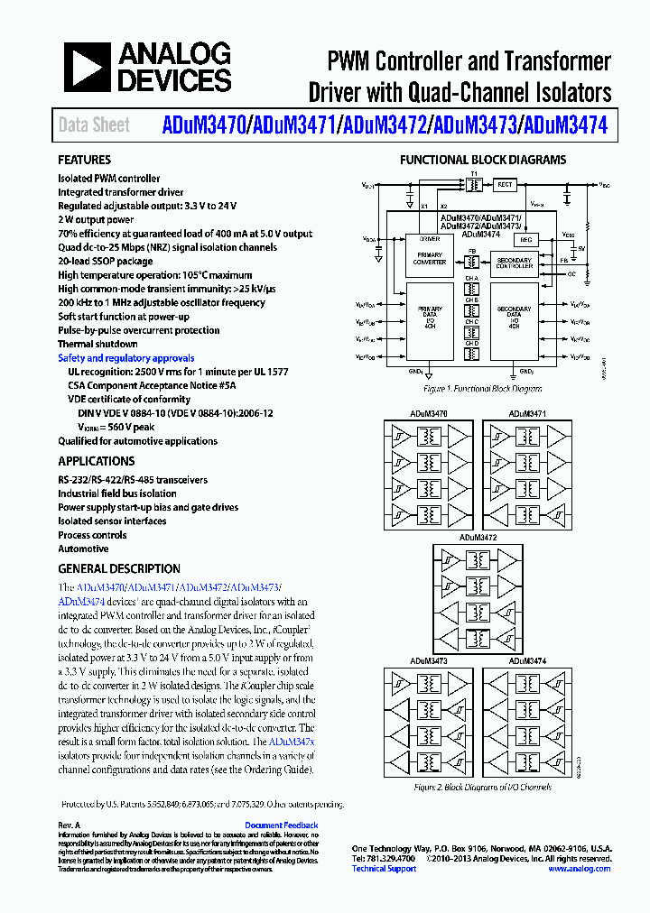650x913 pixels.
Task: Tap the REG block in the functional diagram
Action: coord(525,240)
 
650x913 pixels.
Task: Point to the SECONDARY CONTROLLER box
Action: coord(515,263)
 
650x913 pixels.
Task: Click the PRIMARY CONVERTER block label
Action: coord(430,258)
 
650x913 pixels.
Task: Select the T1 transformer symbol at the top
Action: coord(473,184)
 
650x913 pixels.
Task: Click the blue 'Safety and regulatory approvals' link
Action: coord(125,358)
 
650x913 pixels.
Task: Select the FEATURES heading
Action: coord(85,160)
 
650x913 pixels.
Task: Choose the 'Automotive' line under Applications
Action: coord(83,549)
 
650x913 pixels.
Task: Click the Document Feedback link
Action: coord(281,825)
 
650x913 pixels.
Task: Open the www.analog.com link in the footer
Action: coord(579,869)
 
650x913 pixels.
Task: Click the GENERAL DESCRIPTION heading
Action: coord(119,569)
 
